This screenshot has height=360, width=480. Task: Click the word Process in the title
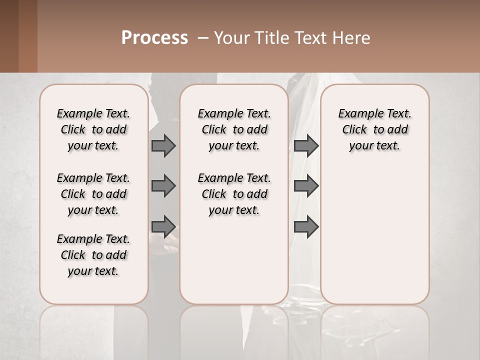(x=154, y=38)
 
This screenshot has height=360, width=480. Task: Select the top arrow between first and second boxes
(x=163, y=145)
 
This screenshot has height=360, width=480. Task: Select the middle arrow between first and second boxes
(x=163, y=186)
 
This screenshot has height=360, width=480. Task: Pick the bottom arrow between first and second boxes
(x=163, y=226)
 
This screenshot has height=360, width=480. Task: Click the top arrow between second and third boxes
(x=306, y=145)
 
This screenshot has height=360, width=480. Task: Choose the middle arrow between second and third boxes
(x=306, y=186)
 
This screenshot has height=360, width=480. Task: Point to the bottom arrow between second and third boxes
(x=306, y=226)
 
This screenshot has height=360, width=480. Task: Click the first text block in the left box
(x=93, y=129)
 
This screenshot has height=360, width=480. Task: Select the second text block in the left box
(x=93, y=194)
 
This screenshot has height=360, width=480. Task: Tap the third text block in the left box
(x=93, y=255)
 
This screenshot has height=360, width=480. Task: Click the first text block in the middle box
(x=234, y=129)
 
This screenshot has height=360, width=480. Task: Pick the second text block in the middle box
(x=234, y=194)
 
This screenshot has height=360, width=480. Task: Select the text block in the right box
(x=375, y=129)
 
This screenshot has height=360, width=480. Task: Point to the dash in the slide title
(x=203, y=38)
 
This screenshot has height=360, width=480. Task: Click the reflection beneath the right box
(x=375, y=330)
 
